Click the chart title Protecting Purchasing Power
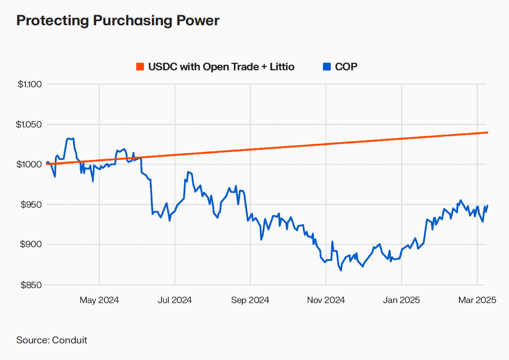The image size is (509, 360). click(x=118, y=21)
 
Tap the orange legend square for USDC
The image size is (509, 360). click(x=140, y=67)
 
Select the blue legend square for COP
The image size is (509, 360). click(x=326, y=67)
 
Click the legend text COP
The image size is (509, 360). click(x=346, y=67)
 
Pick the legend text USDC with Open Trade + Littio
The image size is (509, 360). click(x=221, y=67)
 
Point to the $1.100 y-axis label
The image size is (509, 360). click(x=30, y=84)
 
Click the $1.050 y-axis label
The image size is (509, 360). click(x=30, y=124)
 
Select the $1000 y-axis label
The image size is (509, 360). click(x=31, y=164)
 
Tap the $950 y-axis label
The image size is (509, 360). click(x=32, y=205)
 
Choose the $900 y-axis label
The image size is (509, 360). click(x=32, y=245)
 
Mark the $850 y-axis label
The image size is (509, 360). click(x=32, y=285)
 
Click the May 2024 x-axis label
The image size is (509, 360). click(x=99, y=300)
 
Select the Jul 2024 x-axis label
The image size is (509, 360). click(x=174, y=300)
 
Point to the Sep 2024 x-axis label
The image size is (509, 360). click(x=250, y=300)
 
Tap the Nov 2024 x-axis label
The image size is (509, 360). click(x=326, y=300)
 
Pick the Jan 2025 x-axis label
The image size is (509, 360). click(x=401, y=300)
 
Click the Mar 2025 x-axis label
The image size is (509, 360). click(x=477, y=300)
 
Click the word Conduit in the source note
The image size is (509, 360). click(x=70, y=340)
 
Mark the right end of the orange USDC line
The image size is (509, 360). click(x=487, y=132)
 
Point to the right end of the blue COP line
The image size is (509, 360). click(x=487, y=205)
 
